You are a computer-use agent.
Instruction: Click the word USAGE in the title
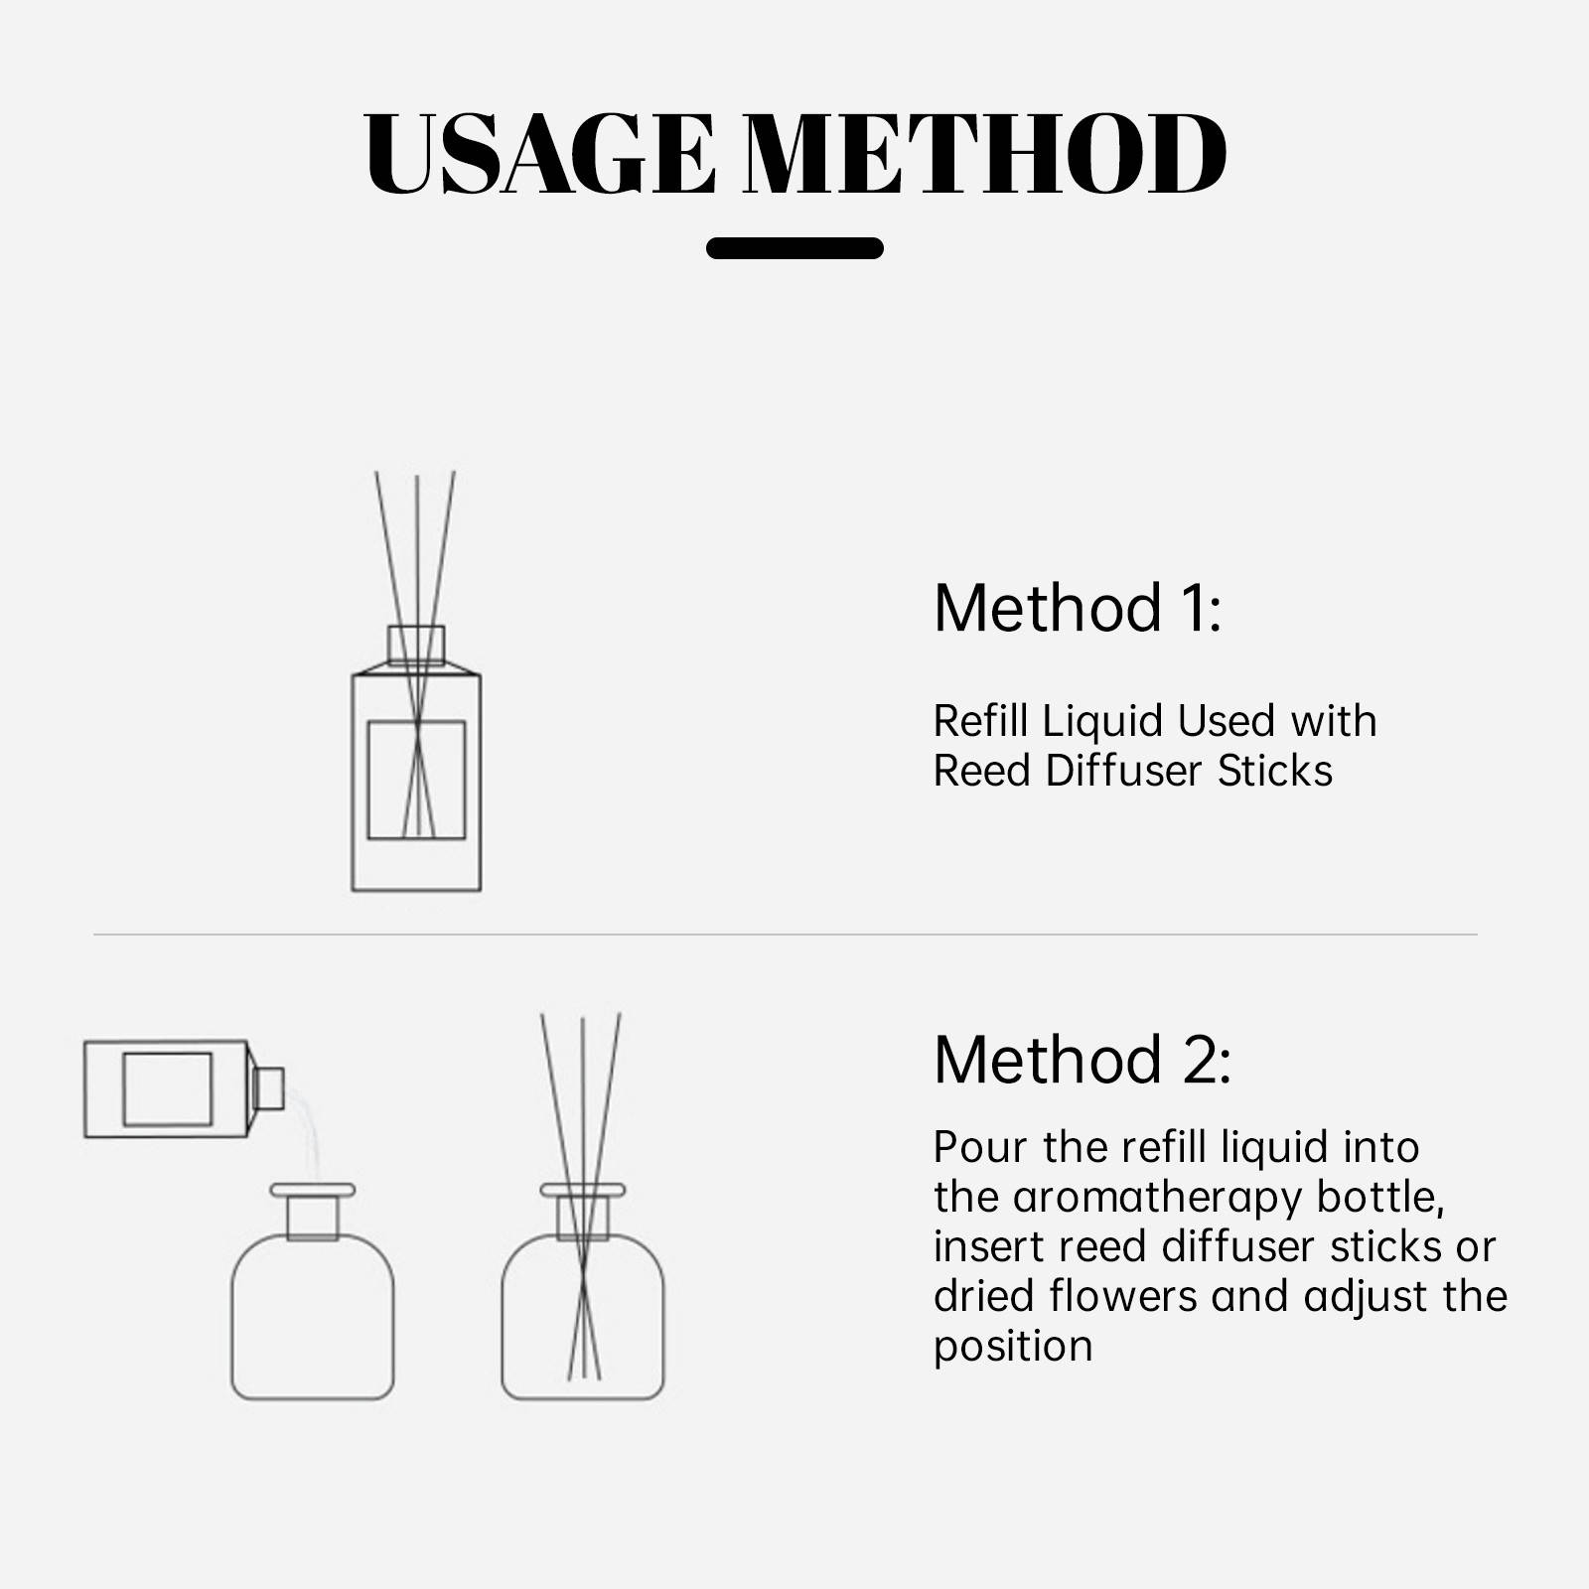539,154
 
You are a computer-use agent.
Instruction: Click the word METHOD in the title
985,154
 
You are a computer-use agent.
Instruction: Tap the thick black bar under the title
794,248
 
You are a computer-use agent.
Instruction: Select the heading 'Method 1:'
1078,608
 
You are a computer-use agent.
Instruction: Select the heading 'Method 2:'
1083,1060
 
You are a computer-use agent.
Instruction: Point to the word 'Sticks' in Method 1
1275,772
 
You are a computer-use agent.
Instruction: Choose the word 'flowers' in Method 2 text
1123,1297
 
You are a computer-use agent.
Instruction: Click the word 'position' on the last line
1013,1348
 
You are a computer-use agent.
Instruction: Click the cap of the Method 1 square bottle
416,645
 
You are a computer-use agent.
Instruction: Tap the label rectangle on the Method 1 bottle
416,781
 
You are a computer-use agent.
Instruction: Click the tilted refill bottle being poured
184,1088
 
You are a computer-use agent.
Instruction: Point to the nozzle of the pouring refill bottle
269,1088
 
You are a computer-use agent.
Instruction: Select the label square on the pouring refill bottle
167,1088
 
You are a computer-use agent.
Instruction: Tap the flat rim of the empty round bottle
313,1190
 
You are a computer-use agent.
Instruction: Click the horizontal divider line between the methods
786,935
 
